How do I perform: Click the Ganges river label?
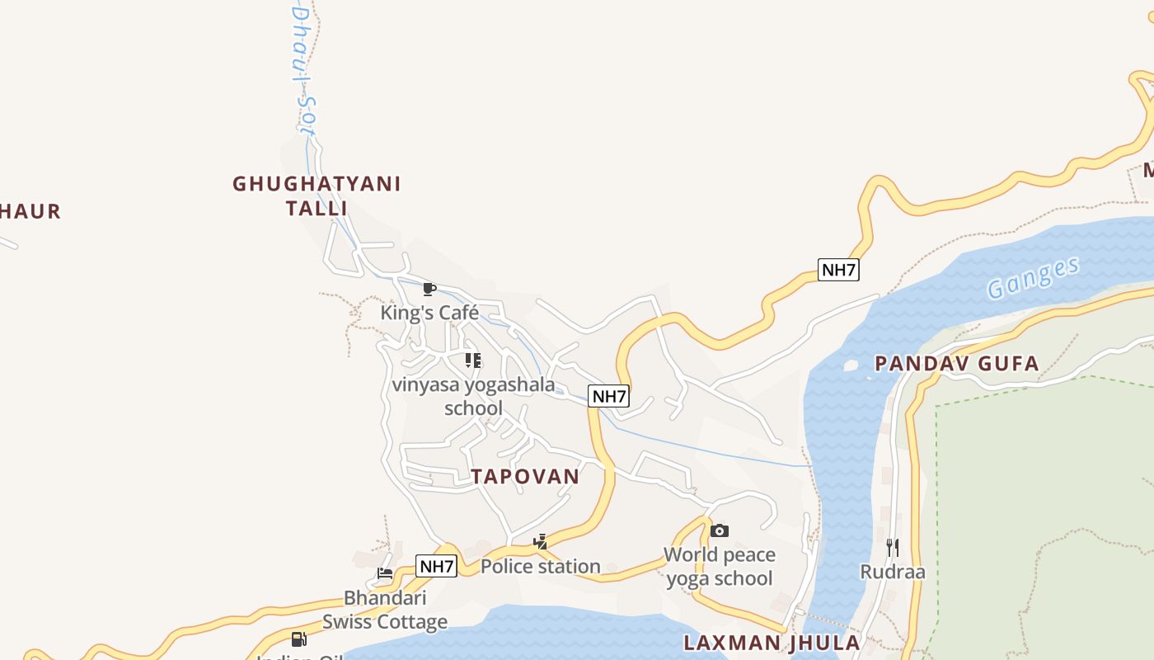(x=1033, y=278)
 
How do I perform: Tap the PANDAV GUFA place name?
(x=956, y=364)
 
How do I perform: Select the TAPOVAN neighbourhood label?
(x=525, y=476)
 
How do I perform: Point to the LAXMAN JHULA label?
(x=772, y=643)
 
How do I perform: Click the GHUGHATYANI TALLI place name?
(x=317, y=196)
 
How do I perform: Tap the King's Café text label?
(x=429, y=313)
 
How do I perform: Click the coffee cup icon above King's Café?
(x=429, y=289)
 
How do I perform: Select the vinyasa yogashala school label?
(x=473, y=396)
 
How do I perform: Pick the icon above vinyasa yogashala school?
(x=473, y=360)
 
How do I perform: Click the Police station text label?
(x=540, y=566)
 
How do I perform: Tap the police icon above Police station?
(x=541, y=541)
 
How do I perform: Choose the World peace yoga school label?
(x=720, y=566)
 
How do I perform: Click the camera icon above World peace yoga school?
(x=720, y=530)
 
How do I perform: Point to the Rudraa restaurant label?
(x=893, y=572)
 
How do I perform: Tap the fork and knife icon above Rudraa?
(x=892, y=547)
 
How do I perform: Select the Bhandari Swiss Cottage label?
(x=385, y=609)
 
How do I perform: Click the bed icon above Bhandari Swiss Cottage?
(x=385, y=573)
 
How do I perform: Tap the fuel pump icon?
(x=298, y=639)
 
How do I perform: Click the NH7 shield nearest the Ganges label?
(x=838, y=269)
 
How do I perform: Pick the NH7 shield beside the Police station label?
(x=436, y=566)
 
